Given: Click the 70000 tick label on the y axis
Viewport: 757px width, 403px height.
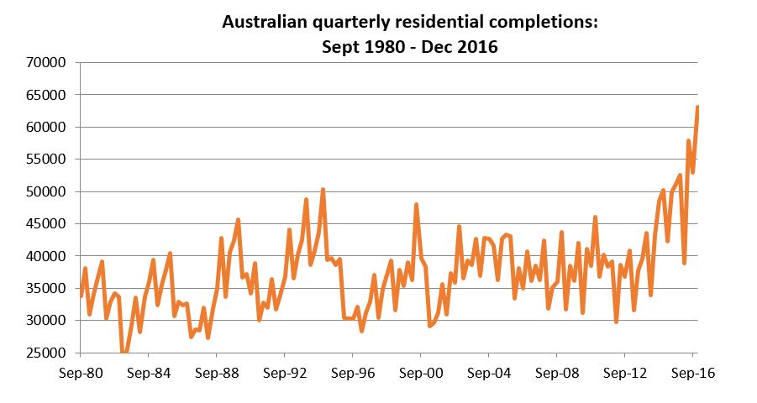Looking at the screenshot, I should pos(48,63).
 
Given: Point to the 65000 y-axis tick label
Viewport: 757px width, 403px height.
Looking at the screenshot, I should pos(48,95).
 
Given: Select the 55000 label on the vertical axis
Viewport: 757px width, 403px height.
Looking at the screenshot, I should pos(48,160).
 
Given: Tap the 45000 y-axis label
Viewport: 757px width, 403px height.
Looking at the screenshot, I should pos(48,224).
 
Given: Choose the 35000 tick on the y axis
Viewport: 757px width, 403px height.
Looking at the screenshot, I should pos(48,288).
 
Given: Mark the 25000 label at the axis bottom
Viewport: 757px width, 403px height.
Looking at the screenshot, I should pos(48,353).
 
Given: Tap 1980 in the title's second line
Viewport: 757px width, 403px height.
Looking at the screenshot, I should pos(377,47).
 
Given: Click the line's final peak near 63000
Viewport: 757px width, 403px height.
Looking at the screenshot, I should pos(697,107).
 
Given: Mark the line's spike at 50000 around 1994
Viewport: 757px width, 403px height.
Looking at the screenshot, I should pos(323,191).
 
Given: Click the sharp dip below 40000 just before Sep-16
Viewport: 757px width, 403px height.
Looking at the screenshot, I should pos(685,262).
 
